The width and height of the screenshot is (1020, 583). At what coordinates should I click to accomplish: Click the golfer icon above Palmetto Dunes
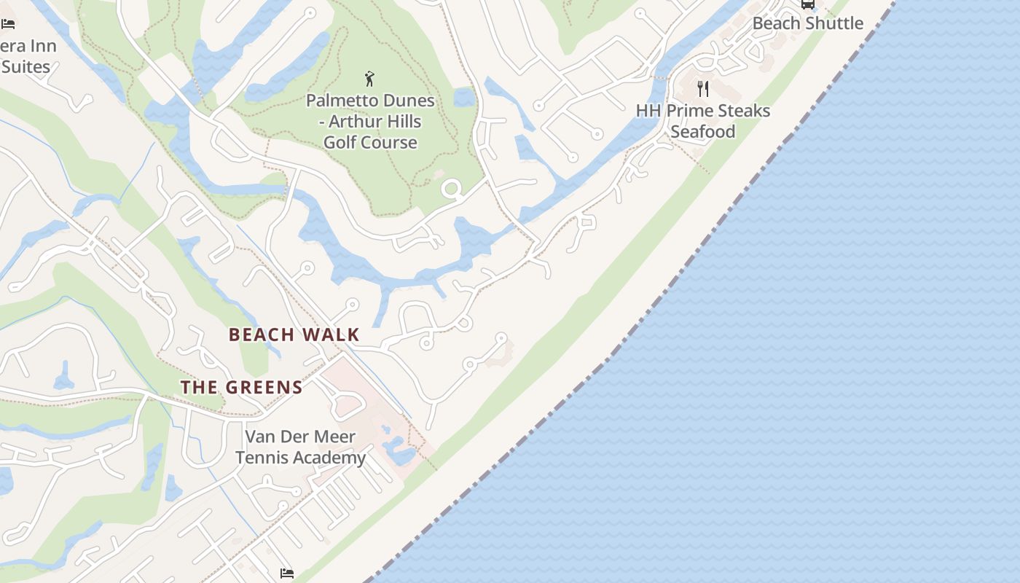(369, 78)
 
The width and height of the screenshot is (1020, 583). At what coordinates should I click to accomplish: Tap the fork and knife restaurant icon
(703, 89)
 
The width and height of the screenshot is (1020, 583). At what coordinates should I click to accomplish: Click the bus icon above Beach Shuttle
(807, 4)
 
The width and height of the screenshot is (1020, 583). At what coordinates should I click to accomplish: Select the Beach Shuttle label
(807, 23)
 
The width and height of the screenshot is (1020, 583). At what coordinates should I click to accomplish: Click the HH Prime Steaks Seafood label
(703, 121)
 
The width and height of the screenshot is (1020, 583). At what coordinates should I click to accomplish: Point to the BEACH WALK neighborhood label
(294, 334)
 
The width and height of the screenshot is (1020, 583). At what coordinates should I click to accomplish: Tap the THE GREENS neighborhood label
(241, 387)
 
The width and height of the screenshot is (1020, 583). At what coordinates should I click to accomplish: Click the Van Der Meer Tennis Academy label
(300, 447)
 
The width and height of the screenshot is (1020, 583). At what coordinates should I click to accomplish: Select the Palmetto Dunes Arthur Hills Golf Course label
(370, 121)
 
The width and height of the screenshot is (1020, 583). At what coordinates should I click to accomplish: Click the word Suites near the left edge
(25, 66)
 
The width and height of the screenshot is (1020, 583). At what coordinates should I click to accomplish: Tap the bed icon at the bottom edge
(287, 574)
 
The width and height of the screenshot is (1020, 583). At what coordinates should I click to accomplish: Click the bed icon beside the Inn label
(8, 24)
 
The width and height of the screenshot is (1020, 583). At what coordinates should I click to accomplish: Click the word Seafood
(703, 132)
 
